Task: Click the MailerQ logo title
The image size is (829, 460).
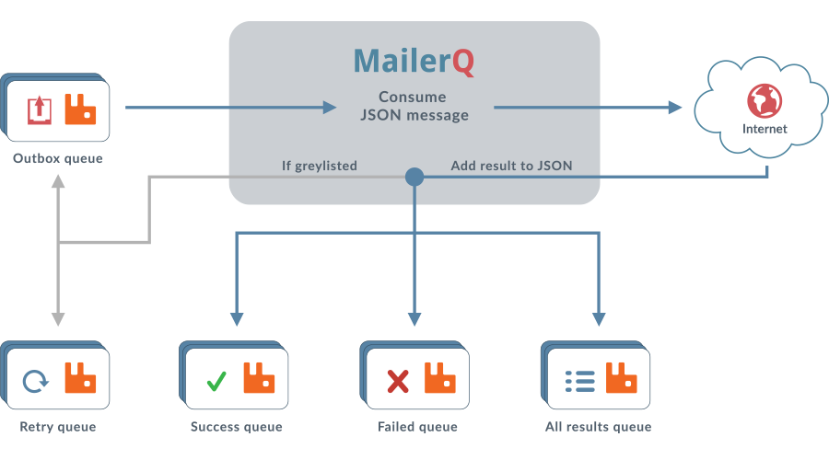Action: click(x=414, y=61)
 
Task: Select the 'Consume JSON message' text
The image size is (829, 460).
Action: click(x=414, y=106)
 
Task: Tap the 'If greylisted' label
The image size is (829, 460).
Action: click(x=319, y=167)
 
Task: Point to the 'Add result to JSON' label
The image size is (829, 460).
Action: click(x=511, y=167)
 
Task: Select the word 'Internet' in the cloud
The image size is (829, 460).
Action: click(x=765, y=129)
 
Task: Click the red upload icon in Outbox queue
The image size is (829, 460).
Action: click(x=39, y=109)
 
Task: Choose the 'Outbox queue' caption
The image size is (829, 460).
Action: click(x=58, y=159)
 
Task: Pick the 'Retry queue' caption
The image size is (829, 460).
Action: click(x=58, y=427)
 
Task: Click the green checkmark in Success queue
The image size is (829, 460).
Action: click(x=216, y=379)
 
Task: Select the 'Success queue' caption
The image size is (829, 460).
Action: click(x=237, y=427)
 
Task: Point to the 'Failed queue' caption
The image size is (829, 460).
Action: click(x=417, y=427)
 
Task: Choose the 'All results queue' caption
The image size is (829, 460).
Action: click(x=599, y=427)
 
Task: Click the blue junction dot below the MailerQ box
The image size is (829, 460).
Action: click(x=414, y=177)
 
